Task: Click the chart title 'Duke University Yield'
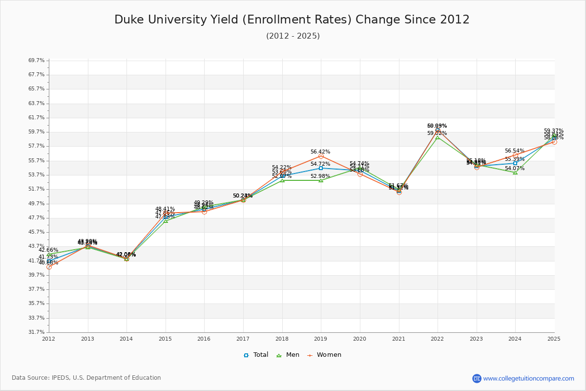292,20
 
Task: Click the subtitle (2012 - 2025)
293,36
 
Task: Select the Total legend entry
256,355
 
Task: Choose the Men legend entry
289,355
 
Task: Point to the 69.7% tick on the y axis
37,60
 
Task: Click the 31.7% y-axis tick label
37,332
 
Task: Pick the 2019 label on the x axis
321,338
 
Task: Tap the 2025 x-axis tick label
554,338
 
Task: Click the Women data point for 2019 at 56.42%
321,156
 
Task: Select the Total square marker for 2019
321,168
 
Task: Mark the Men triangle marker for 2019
321,180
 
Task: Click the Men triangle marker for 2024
515,173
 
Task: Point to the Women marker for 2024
515,155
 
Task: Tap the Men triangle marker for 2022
438,137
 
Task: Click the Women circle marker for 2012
49,267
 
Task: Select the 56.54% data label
515,151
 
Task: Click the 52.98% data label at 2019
320,176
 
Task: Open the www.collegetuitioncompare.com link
528,378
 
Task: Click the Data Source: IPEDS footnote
86,378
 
